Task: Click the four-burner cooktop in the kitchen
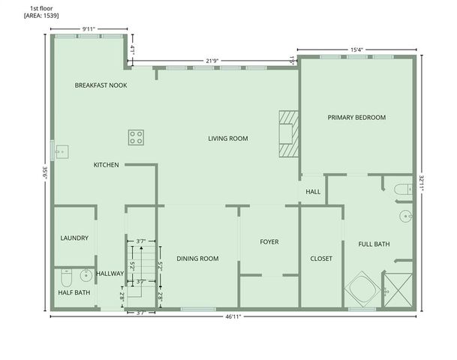pos(136,136)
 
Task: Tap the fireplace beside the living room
pos(288,134)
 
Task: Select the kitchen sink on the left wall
pos(60,152)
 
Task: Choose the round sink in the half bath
pos(86,274)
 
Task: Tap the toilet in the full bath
pos(403,189)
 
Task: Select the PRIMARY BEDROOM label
pos(356,117)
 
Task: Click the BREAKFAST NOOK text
pos(101,85)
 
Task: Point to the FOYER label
pos(269,242)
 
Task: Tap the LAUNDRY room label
pos(74,238)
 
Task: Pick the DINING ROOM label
pos(197,259)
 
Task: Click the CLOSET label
pos(321,259)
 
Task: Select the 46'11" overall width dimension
pos(234,317)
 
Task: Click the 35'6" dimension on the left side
pos(44,172)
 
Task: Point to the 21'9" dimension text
pos(212,61)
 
